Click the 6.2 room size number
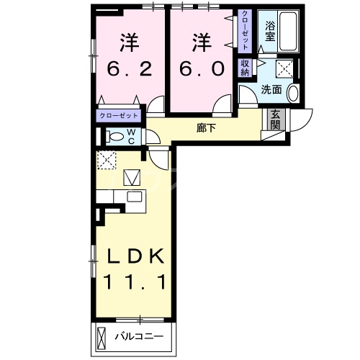tap(130, 69)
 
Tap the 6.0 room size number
tap(202, 68)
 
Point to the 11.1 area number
tap(134, 282)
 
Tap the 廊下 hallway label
tap(206, 128)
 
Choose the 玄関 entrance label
tap(275, 120)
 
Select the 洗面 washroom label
tap(271, 89)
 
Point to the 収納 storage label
tap(245, 68)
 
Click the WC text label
tap(131, 137)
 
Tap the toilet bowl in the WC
tap(115, 137)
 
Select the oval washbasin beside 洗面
tap(293, 93)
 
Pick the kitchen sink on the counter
tap(135, 197)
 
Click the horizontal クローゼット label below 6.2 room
tap(119, 116)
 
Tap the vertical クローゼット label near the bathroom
tap(245, 30)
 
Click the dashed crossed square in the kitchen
tap(107, 160)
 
